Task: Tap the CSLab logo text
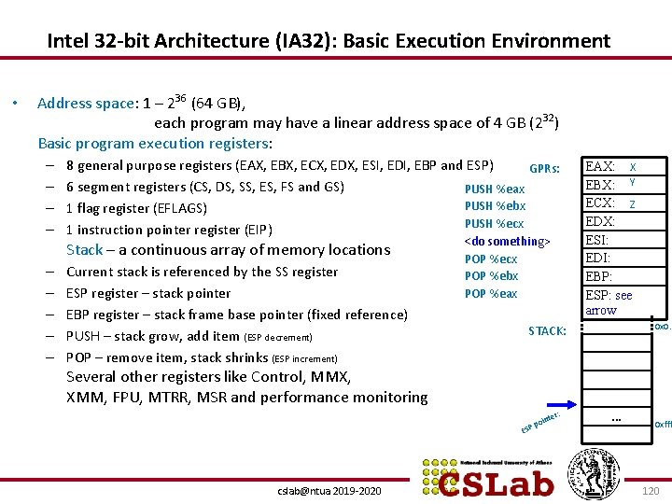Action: point(496,480)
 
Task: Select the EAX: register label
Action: point(599,166)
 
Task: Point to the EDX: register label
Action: point(599,222)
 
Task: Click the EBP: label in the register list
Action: point(598,277)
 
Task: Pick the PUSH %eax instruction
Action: point(495,189)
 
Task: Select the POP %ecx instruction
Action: point(491,259)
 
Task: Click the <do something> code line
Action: point(508,241)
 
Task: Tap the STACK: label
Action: point(547,330)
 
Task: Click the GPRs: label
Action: point(544,169)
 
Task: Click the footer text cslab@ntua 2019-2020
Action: point(329,490)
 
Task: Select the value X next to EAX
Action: point(633,166)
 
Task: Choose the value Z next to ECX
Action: point(633,203)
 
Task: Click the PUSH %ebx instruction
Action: point(495,206)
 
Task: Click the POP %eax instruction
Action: point(491,293)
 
